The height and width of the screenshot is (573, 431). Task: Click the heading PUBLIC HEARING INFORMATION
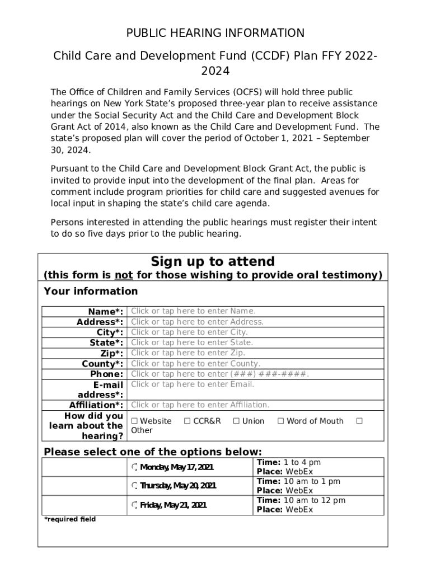(215, 33)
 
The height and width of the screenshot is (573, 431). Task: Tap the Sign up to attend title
(213, 262)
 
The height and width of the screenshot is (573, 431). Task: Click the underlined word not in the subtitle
(123, 275)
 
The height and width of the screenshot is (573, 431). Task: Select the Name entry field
(256, 311)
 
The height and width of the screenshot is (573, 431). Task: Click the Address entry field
(256, 322)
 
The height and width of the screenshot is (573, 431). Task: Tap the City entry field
(256, 332)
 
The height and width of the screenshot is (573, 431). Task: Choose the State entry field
(256, 342)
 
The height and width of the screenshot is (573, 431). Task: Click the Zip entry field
(256, 353)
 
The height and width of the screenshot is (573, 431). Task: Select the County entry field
(256, 363)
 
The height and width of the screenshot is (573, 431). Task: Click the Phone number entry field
(256, 374)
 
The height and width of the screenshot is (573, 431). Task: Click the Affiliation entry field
(256, 405)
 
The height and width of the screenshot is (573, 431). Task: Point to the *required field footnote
(70, 519)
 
